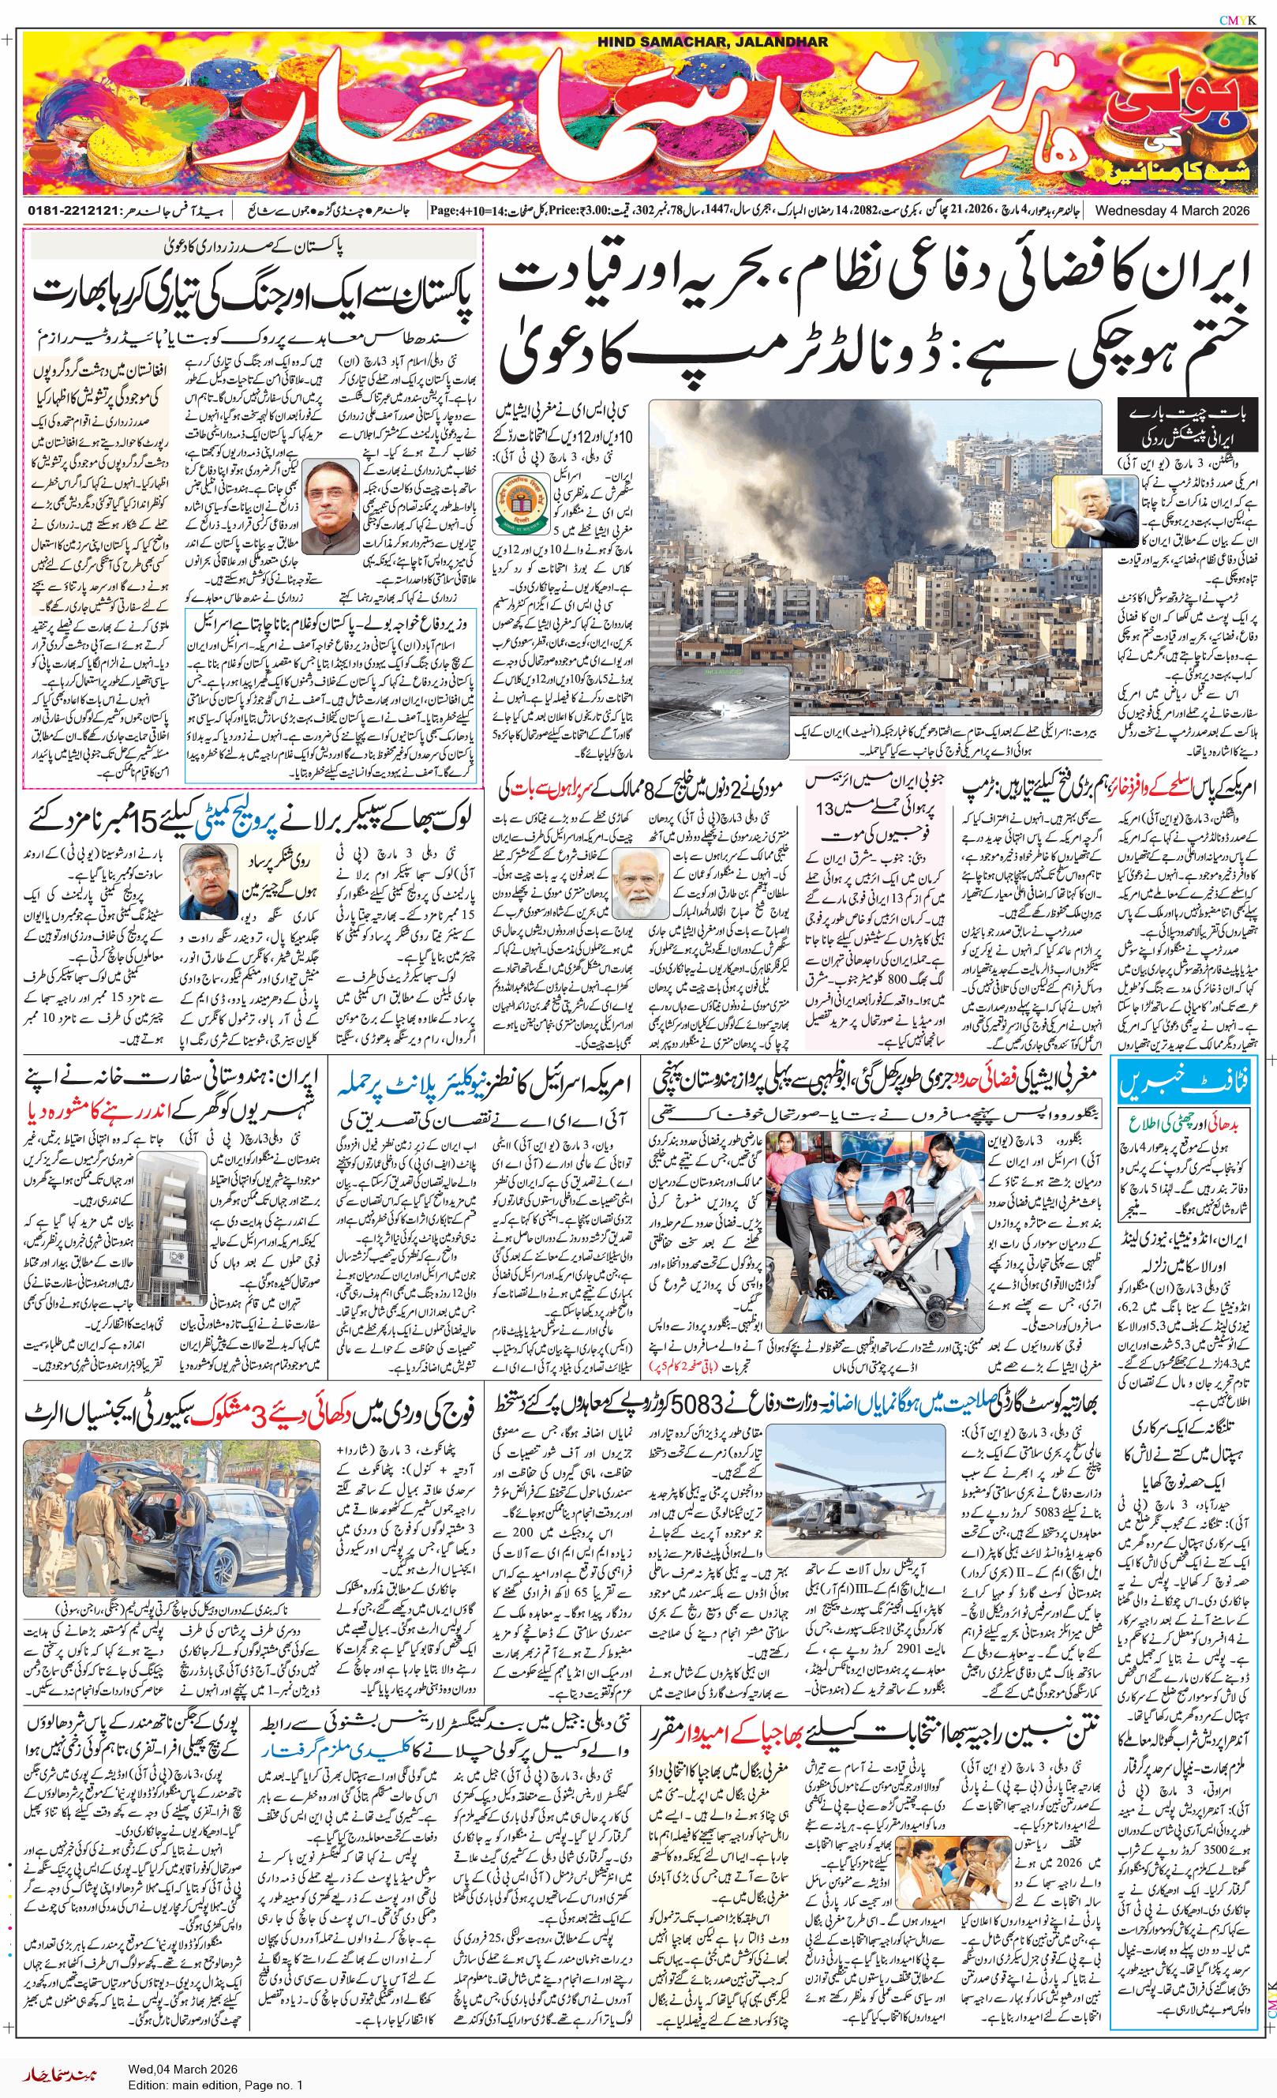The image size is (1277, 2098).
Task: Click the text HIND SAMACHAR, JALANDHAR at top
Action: pyautogui.click(x=712, y=42)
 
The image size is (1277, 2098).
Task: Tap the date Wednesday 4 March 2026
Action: pyautogui.click(x=1172, y=210)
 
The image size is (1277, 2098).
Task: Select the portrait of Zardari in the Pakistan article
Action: pyautogui.click(x=331, y=509)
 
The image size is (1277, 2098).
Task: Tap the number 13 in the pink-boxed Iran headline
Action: pyautogui.click(x=825, y=808)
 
